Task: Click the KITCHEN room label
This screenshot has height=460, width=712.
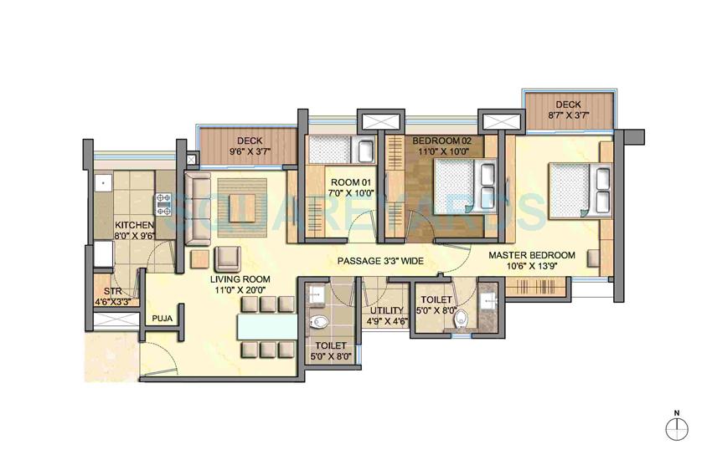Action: tap(133, 225)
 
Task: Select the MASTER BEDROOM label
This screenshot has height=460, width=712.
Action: tap(532, 254)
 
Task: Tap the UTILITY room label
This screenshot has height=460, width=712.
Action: tap(387, 310)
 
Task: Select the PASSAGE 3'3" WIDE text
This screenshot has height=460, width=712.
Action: tap(379, 261)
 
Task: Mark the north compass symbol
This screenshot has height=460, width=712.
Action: tap(676, 427)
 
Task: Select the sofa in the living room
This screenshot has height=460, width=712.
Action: tap(198, 205)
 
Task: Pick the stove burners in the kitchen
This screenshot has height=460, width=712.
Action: tap(163, 202)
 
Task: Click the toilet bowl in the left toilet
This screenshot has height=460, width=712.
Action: tap(317, 321)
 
